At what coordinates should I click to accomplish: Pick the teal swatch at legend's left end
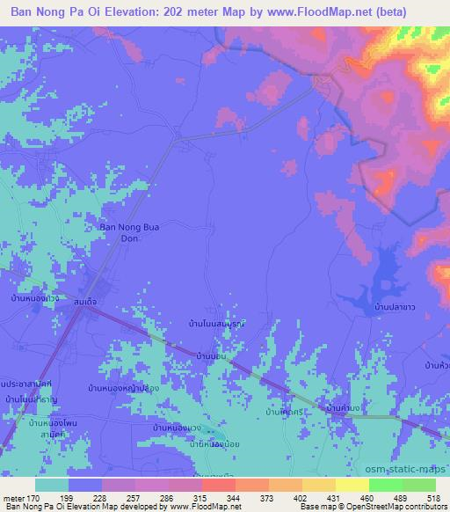tap(52, 485)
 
